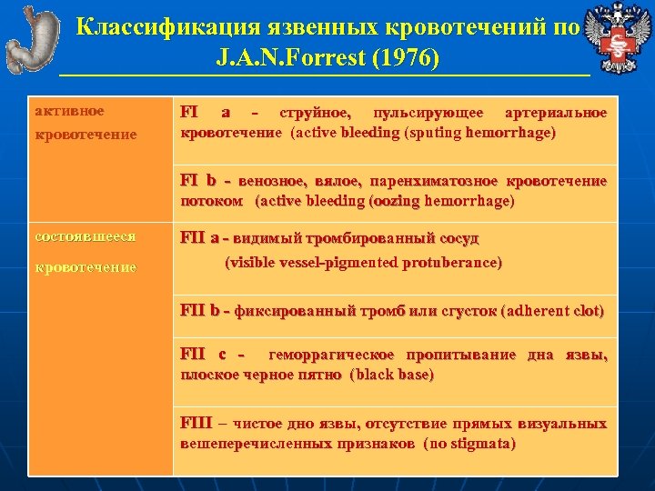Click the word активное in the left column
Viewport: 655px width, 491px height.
(69, 111)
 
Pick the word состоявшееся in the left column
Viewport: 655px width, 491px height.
(85, 236)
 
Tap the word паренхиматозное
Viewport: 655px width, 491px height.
(447, 181)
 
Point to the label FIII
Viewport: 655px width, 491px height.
(196, 424)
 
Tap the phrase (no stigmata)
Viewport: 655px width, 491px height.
(469, 443)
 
